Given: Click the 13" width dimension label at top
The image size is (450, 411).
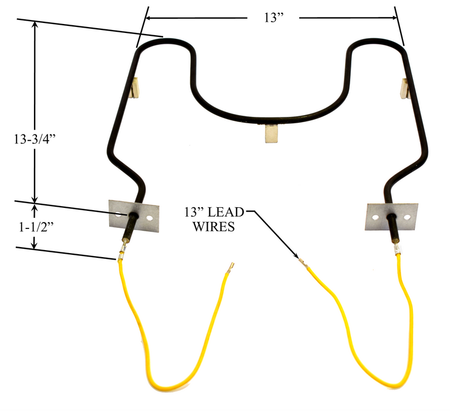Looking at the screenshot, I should [273, 18].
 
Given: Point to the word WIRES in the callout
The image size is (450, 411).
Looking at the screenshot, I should [214, 226].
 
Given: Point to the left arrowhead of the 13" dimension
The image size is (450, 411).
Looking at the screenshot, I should [149, 18].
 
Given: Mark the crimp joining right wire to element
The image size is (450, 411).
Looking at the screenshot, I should [397, 250].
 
